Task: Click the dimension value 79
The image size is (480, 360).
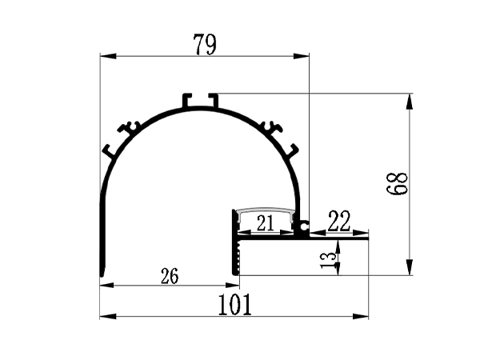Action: pyautogui.click(x=205, y=44)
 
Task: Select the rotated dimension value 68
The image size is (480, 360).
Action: pyautogui.click(x=397, y=186)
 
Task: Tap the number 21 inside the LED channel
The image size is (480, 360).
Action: pyautogui.click(x=265, y=225)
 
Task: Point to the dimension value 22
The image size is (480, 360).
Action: pyautogui.click(x=339, y=222)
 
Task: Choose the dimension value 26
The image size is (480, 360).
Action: pyautogui.click(x=170, y=277)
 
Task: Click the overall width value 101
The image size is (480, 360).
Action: pyautogui.click(x=235, y=305)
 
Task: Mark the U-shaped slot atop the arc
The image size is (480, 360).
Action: pyautogui.click(x=200, y=101)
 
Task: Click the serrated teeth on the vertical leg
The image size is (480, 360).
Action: pyautogui.click(x=238, y=256)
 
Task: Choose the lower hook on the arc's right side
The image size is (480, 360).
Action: pyautogui.click(x=290, y=150)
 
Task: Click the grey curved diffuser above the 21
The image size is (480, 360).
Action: pyautogui.click(x=265, y=211)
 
